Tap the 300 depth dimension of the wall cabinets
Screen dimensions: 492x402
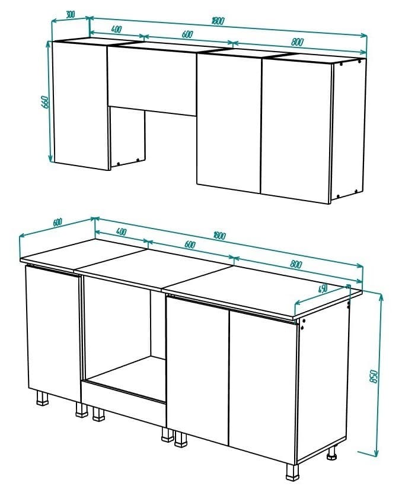coord(71,14)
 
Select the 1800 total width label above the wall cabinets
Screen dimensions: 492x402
coord(218,21)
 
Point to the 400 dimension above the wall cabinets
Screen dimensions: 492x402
coord(116,29)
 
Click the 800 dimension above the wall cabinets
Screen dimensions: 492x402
coord(298,42)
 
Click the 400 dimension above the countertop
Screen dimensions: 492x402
coord(121,231)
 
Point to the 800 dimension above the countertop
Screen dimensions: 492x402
coord(296,264)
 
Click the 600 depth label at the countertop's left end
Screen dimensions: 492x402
coord(57,223)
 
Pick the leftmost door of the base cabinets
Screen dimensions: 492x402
coord(53,332)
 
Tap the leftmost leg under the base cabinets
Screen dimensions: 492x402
coord(43,397)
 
